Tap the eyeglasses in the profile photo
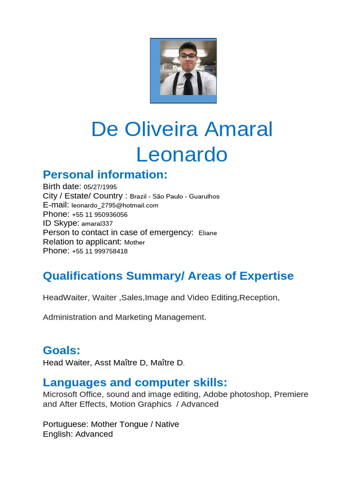(x=188, y=56)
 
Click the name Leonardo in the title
(x=182, y=154)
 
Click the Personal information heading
(x=105, y=175)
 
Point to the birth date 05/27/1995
(x=100, y=187)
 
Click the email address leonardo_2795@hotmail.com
(x=115, y=205)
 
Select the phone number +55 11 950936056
(x=100, y=214)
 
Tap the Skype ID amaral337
(x=97, y=224)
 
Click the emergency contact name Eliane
(x=208, y=233)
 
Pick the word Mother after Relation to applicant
(x=135, y=242)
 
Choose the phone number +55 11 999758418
(x=100, y=251)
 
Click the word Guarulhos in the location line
(x=204, y=196)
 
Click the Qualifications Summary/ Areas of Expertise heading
(x=168, y=276)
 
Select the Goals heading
(x=61, y=350)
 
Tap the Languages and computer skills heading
(x=135, y=382)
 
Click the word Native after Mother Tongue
(x=167, y=424)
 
